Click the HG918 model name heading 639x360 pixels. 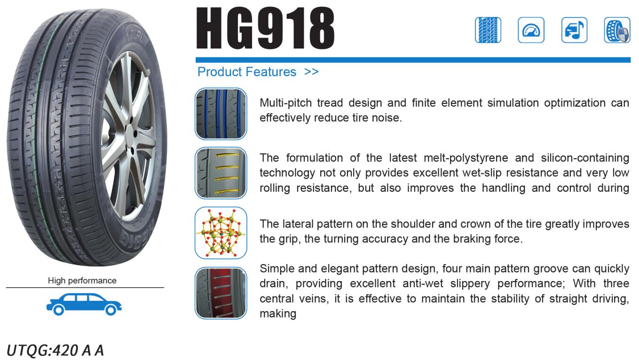pyautogui.click(x=265, y=28)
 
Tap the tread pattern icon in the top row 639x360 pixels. pyautogui.click(x=488, y=30)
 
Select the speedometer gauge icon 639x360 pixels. pyautogui.click(x=531, y=30)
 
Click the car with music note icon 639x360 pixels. pyautogui.click(x=574, y=30)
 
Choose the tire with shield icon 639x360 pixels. pyautogui.click(x=617, y=30)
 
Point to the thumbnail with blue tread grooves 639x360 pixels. pyautogui.click(x=221, y=114)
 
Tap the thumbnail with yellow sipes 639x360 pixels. pyautogui.click(x=221, y=173)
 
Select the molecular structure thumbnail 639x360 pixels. pyautogui.click(x=221, y=233)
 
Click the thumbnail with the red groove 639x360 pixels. pyautogui.click(x=221, y=293)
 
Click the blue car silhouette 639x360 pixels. pyautogui.click(x=84, y=304)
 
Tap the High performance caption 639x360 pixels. pyautogui.click(x=82, y=281)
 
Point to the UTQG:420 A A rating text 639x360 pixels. pyautogui.click(x=55, y=350)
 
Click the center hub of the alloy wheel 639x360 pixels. pyautogui.click(x=131, y=134)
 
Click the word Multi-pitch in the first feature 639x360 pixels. pyautogui.click(x=285, y=103)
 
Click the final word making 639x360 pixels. pyautogui.click(x=278, y=314)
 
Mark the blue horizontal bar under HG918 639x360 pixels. pyautogui.click(x=413, y=60)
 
